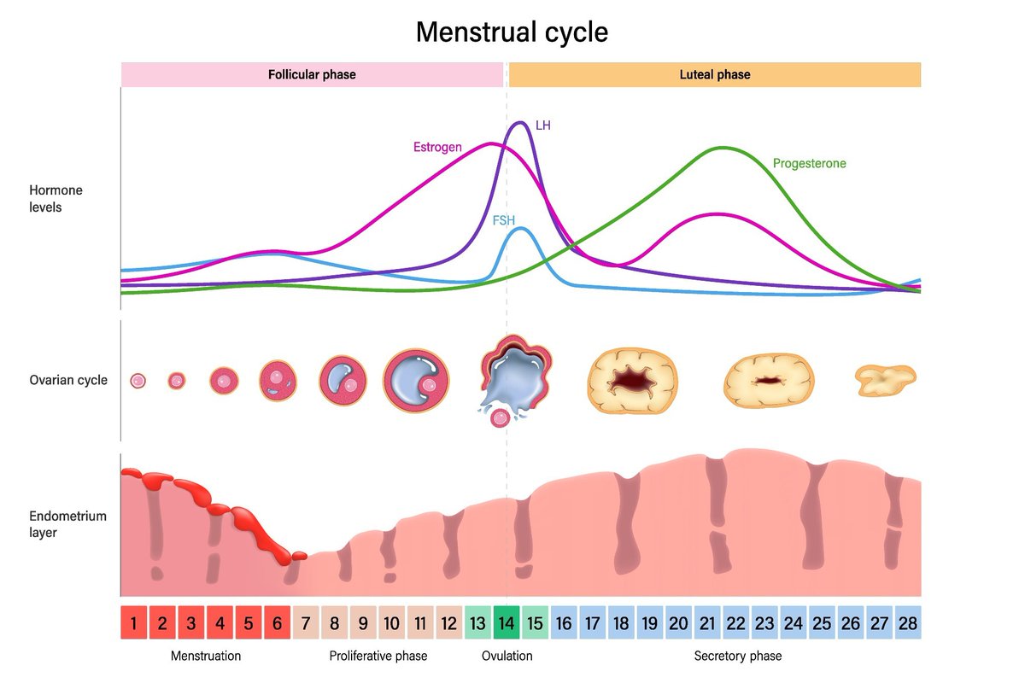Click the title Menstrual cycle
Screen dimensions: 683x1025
[x=512, y=32]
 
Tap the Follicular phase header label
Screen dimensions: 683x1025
[x=312, y=74]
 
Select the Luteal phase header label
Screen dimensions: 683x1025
[x=714, y=74]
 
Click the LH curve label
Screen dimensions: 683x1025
[x=542, y=126]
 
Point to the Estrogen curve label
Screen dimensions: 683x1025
[x=437, y=147]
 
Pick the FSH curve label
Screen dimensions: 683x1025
[x=504, y=219]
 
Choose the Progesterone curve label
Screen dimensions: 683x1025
[x=809, y=163]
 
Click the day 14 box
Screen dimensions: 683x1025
[x=507, y=623]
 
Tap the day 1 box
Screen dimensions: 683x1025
[x=134, y=623]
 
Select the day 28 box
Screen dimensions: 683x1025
[x=907, y=623]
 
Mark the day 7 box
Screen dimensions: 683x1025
[x=306, y=623]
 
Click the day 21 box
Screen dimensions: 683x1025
[x=706, y=623]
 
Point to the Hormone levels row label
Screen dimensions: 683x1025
[x=56, y=198]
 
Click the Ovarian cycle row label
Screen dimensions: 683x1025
[x=68, y=379]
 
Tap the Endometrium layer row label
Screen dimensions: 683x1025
[x=68, y=524]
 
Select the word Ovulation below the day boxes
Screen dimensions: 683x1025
[x=507, y=656]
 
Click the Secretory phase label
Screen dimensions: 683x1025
[x=737, y=656]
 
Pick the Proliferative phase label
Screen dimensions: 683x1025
[x=378, y=656]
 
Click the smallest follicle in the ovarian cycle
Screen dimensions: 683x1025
[x=138, y=381]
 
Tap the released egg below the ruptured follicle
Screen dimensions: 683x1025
[x=500, y=417]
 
